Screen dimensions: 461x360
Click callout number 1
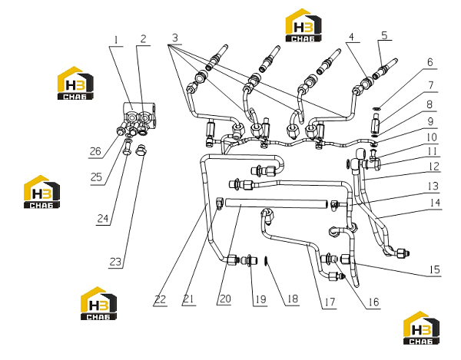pyautogui.click(x=116, y=40)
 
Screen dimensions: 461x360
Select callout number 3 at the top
pyautogui.click(x=175, y=38)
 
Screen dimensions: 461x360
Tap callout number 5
pyautogui.click(x=385, y=35)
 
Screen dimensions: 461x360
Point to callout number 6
pyautogui.click(x=430, y=62)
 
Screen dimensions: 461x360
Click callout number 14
pyautogui.click(x=434, y=203)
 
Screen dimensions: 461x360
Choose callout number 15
pyautogui.click(x=435, y=269)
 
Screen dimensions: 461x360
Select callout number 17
pyautogui.click(x=330, y=302)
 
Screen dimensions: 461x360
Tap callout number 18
pyautogui.click(x=293, y=299)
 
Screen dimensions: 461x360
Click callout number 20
pyautogui.click(x=225, y=299)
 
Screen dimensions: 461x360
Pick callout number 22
pyautogui.click(x=161, y=300)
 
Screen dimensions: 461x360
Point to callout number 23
pyautogui.click(x=115, y=262)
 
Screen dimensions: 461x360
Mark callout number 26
pyautogui.click(x=95, y=151)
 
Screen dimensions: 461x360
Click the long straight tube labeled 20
pyautogui.click(x=276, y=203)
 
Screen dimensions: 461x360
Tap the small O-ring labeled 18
pyautogui.click(x=266, y=260)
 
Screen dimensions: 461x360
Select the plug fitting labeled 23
pyautogui.click(x=141, y=150)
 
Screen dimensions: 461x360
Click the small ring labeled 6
pyautogui.click(x=376, y=109)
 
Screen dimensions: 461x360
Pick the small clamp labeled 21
pyautogui.click(x=219, y=203)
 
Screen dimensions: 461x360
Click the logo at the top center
pyautogui.click(x=303, y=25)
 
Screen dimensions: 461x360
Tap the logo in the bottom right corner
pyautogui.click(x=421, y=328)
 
